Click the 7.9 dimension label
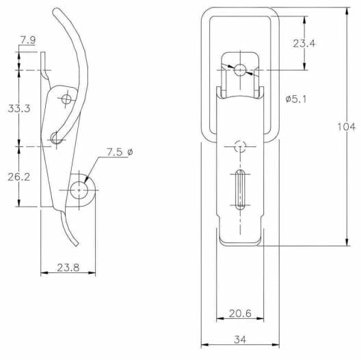click(x=28, y=40)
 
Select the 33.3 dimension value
click(x=19, y=108)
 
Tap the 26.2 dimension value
click(x=19, y=177)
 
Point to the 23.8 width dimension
click(x=68, y=268)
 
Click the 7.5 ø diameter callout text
click(x=120, y=152)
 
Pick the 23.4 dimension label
click(x=304, y=43)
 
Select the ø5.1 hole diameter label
click(x=296, y=99)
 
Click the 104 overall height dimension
click(x=346, y=127)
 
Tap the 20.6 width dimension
click(x=240, y=313)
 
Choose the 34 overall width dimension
click(x=240, y=339)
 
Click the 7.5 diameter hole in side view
click(x=79, y=190)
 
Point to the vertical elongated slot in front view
click(x=240, y=190)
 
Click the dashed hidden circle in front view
click(x=240, y=146)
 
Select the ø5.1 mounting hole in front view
click(x=240, y=70)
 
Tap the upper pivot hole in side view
click(x=66, y=99)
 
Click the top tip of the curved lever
click(x=56, y=10)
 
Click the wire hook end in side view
click(x=56, y=138)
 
